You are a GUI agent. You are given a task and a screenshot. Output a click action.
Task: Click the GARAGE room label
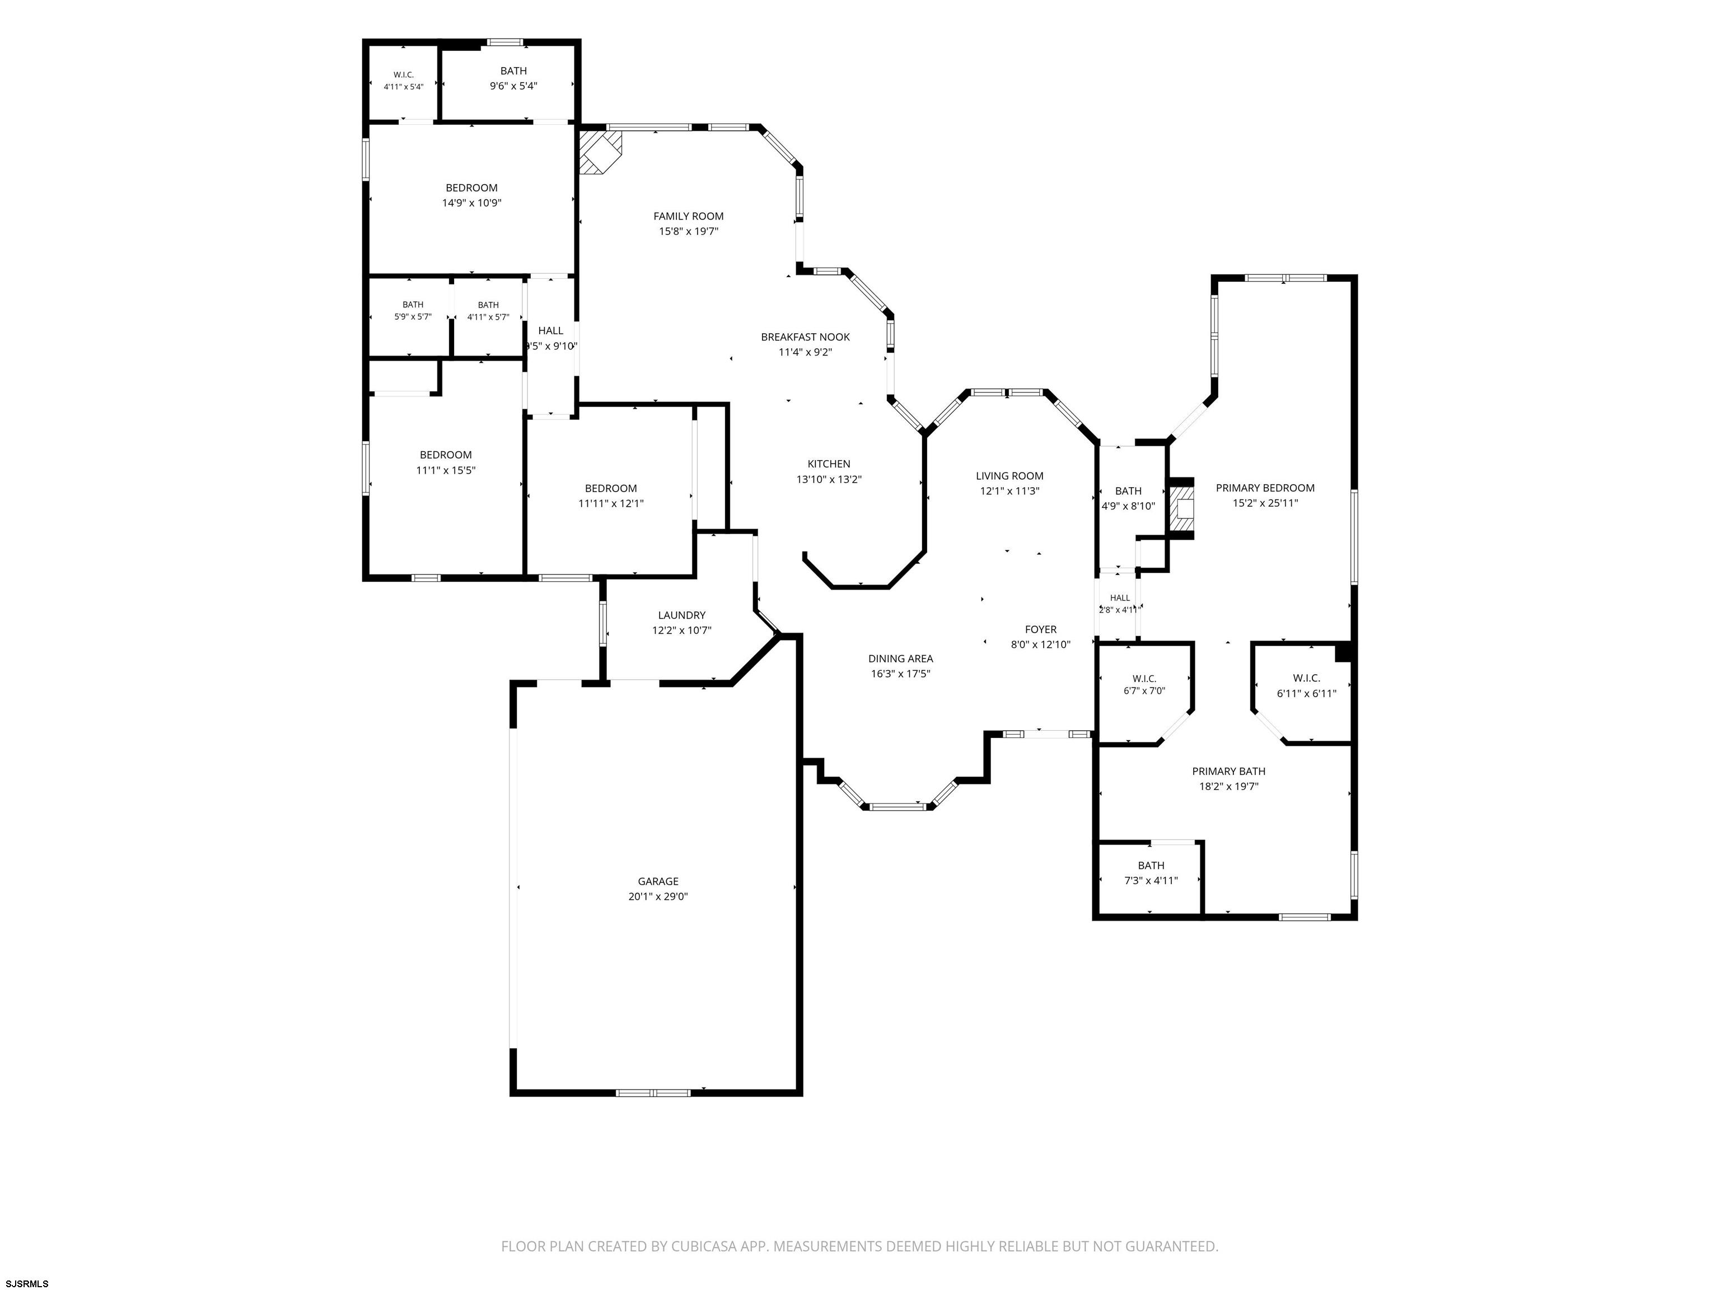658,881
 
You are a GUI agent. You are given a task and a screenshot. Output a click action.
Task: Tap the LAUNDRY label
681,615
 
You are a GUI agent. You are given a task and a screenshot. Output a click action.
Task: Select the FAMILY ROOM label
688,216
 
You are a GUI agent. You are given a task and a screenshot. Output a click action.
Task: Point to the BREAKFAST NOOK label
805,336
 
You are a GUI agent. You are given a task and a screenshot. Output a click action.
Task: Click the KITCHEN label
829,464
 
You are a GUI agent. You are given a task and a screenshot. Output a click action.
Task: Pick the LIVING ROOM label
1009,476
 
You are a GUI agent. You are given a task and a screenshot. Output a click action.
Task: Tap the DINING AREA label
900,658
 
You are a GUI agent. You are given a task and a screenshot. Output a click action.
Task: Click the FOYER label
1040,630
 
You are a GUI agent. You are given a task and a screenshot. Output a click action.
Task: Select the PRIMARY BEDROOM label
1265,488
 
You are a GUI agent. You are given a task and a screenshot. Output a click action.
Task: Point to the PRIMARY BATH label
1228,772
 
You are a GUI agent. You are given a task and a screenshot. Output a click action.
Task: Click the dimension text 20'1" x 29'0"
658,896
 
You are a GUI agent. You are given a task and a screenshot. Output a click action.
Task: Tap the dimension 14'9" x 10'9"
471,203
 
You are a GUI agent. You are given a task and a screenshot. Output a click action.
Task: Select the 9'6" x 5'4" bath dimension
513,86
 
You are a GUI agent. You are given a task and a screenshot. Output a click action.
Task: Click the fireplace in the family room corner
600,152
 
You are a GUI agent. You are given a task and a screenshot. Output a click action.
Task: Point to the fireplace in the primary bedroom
1182,508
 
